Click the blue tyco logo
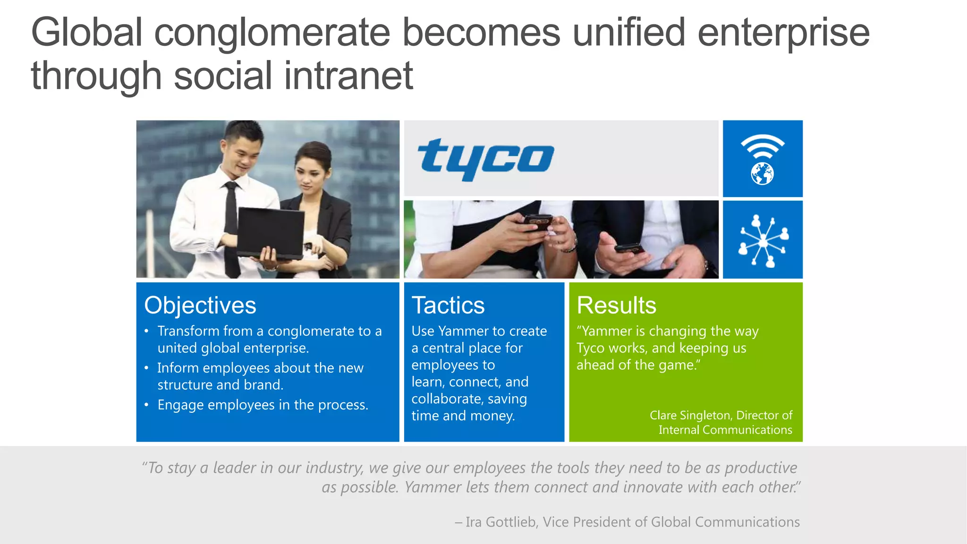point(485,158)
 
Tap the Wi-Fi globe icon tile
point(763,159)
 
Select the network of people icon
point(763,240)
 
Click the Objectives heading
point(200,306)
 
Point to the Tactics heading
point(448,306)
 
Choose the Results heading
point(616,306)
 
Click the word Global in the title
point(87,33)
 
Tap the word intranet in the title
point(348,76)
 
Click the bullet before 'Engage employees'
point(147,405)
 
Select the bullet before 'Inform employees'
point(147,368)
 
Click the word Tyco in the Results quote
point(590,348)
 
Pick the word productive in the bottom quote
point(761,467)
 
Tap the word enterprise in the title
point(783,33)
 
